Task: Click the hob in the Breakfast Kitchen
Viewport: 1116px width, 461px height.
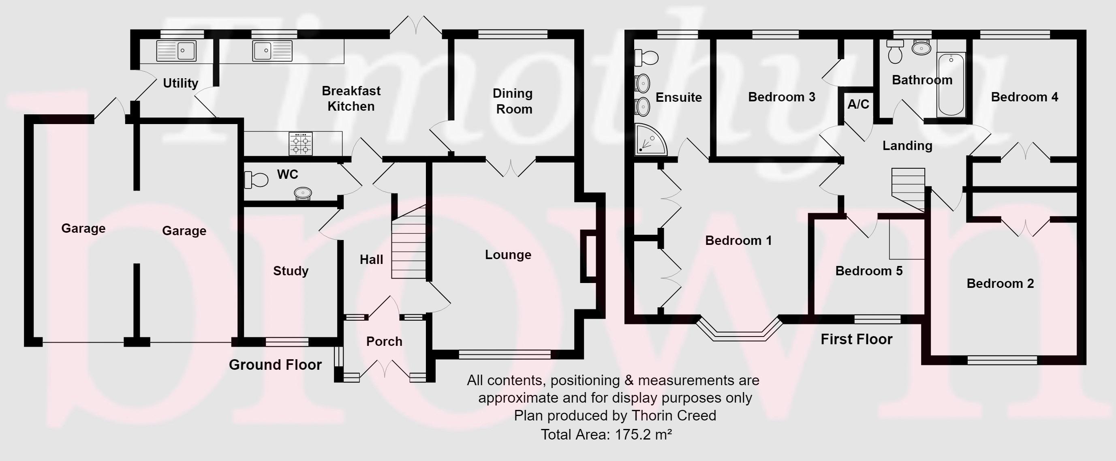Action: coord(301,144)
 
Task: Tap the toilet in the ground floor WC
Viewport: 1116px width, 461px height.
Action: coord(256,180)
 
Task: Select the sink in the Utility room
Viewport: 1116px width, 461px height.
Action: coord(176,51)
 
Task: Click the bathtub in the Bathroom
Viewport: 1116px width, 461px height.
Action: coord(951,85)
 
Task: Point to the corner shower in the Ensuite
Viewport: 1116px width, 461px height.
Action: coord(650,139)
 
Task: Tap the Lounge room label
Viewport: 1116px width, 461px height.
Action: coord(508,255)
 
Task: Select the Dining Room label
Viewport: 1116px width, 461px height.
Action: coord(513,101)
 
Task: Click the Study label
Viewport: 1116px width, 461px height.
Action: coord(291,271)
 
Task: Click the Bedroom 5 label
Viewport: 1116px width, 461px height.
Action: coord(869,271)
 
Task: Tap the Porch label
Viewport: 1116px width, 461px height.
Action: coord(384,341)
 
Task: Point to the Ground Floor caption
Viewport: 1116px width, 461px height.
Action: coord(275,365)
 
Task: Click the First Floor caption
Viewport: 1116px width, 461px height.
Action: coord(857,339)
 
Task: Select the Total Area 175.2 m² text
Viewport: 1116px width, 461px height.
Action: coord(607,434)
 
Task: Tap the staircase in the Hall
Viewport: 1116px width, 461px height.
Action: coord(409,242)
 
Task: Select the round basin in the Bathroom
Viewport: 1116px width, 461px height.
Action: coord(921,48)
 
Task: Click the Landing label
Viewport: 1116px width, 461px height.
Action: coord(907,146)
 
